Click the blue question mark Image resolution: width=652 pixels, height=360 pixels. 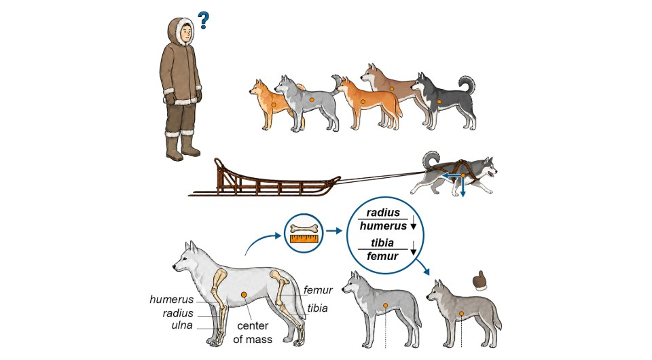(203, 20)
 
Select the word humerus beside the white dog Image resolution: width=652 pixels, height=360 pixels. (171, 300)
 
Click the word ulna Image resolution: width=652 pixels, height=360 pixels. (182, 325)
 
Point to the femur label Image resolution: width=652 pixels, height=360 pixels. (318, 290)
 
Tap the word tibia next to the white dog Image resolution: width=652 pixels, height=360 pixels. (317, 308)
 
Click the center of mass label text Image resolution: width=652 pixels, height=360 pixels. (253, 333)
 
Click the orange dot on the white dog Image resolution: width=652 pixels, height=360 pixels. (244, 294)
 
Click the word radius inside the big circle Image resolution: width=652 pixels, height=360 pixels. (383, 213)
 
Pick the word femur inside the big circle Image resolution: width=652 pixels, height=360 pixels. (382, 256)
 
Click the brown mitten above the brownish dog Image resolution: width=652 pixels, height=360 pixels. (480, 281)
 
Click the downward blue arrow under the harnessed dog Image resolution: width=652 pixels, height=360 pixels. (463, 187)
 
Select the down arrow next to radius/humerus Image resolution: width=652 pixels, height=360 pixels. (414, 224)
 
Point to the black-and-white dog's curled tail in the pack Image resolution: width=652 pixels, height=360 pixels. (467, 86)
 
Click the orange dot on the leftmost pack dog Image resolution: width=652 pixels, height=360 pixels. (273, 105)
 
